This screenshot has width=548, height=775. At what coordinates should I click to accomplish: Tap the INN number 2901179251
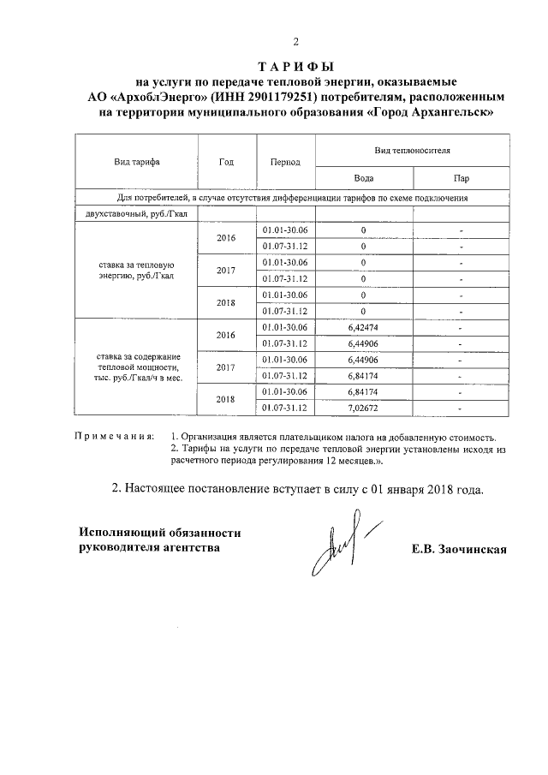point(265,97)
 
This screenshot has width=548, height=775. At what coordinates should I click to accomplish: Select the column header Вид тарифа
point(136,161)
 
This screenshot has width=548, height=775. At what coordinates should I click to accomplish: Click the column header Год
point(226,161)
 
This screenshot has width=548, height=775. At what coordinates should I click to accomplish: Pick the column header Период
point(284,161)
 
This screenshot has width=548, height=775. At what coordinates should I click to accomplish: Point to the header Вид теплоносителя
point(412,149)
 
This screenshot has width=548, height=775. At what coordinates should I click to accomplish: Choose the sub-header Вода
point(363,178)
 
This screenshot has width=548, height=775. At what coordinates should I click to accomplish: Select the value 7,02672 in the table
point(363,407)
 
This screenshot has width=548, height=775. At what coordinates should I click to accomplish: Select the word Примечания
point(116,437)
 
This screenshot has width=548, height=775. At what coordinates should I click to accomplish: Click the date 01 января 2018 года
point(418,491)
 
